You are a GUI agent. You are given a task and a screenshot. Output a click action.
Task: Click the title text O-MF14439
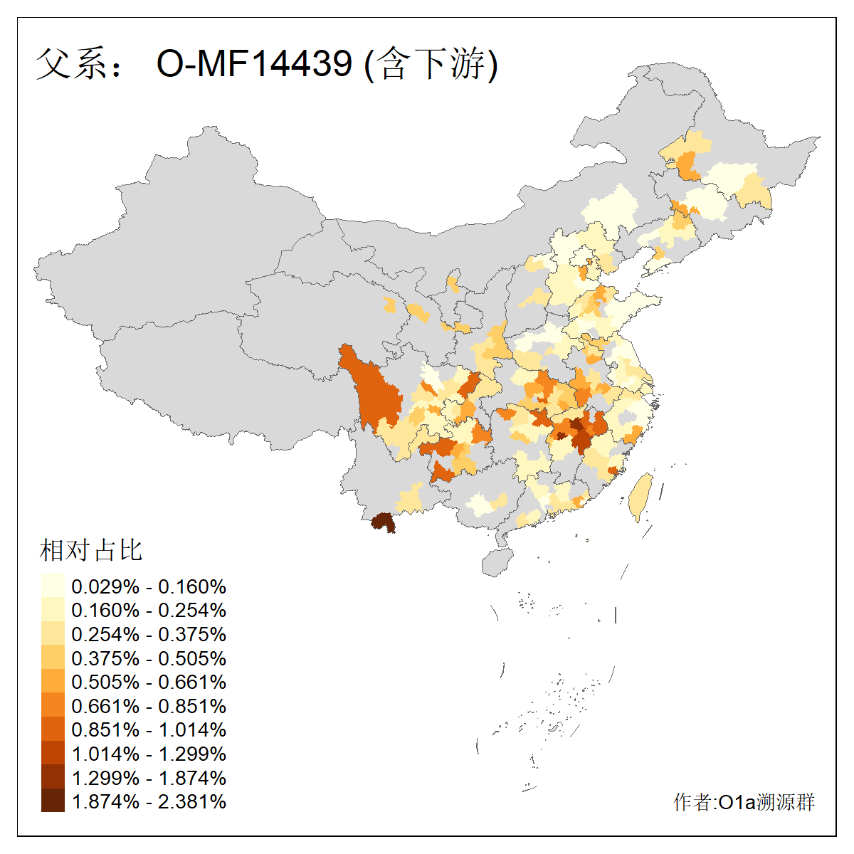tap(254, 64)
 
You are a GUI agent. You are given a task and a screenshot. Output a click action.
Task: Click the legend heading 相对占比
tap(91, 550)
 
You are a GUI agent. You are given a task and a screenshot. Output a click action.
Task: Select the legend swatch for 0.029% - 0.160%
tap(53, 586)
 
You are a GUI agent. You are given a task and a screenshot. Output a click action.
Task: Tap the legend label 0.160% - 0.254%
tap(149, 611)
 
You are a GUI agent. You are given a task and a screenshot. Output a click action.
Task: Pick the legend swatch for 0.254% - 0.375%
tap(53, 633)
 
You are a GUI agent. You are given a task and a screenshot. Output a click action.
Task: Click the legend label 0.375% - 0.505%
tap(149, 658)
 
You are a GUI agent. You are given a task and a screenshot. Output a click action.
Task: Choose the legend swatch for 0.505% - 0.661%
tap(53, 681)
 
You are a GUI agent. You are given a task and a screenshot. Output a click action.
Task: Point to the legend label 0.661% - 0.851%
tap(149, 706)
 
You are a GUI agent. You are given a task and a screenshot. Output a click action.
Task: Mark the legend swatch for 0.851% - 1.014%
tap(53, 729)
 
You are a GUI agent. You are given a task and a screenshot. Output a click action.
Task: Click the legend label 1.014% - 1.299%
tap(149, 754)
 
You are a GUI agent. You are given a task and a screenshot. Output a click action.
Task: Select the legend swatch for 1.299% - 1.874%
tap(53, 777)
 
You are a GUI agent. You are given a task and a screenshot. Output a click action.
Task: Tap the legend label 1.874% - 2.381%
tap(149, 801)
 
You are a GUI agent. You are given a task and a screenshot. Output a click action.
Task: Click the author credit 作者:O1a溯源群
tap(744, 802)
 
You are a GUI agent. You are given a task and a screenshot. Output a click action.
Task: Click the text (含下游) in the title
tap(431, 64)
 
